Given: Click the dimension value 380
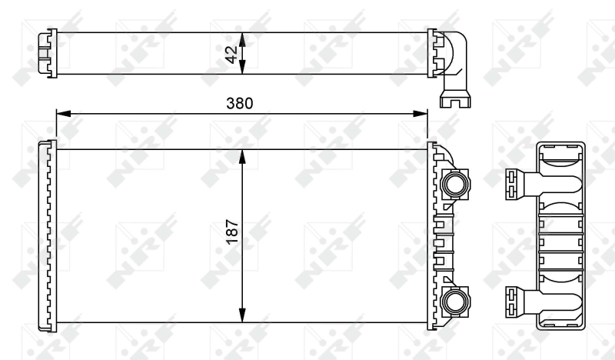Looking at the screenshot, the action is pos(240,103).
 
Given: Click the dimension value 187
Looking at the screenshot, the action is pos(232,232).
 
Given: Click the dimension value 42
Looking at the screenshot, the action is pos(232,55).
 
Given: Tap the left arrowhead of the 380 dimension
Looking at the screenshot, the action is pos(64,114).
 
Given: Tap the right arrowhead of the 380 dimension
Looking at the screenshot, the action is pos(421,114).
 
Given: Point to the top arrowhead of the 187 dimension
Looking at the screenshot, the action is pos(242,157).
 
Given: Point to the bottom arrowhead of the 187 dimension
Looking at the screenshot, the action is pos(242,315).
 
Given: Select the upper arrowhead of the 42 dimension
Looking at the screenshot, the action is pos(242,40).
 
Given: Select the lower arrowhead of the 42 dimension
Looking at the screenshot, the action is pos(242,67).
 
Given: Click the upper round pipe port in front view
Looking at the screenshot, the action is pos(455,184).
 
